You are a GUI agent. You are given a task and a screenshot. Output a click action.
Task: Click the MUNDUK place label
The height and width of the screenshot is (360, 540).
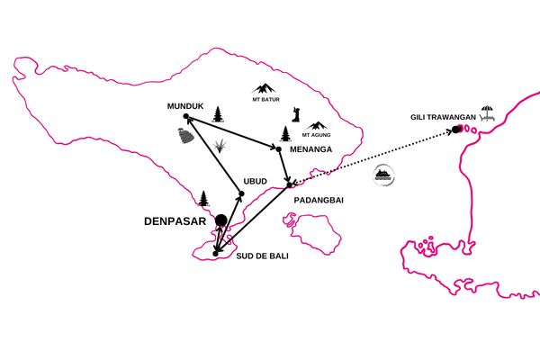(185, 106)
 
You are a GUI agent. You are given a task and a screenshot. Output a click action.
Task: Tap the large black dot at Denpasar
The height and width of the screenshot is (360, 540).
(221, 220)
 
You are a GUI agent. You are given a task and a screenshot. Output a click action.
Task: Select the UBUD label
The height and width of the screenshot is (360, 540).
(256, 181)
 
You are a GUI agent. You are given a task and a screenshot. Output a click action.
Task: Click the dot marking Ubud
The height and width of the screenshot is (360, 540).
(241, 193)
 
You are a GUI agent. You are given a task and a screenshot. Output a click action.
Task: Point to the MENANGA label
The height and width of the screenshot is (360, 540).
(311, 149)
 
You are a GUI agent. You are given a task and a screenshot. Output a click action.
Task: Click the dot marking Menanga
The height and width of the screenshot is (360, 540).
(279, 149)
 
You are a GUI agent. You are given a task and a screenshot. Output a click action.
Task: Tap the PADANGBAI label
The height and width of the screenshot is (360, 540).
(319, 200)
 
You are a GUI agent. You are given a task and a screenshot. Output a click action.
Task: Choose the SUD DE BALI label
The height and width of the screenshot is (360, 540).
(263, 256)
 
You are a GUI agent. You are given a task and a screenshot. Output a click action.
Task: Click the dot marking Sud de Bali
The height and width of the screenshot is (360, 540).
(216, 254)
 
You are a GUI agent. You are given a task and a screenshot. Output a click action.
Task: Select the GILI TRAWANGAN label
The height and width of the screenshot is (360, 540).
(443, 117)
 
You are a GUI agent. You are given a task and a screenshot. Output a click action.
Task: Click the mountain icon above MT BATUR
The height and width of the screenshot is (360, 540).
(264, 88)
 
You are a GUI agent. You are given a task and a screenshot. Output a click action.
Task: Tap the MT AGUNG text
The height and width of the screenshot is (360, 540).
(316, 135)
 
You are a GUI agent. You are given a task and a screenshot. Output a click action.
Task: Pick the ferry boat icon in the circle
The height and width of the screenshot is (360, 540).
(383, 175)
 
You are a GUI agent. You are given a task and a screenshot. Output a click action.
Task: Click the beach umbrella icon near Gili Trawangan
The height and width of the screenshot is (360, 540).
(487, 113)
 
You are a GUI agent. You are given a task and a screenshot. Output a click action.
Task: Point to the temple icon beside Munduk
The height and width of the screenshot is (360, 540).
(217, 114)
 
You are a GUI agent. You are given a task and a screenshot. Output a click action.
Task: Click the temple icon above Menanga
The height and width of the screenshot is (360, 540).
(285, 134)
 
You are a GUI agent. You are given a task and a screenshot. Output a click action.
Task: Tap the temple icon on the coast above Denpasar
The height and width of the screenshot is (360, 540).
(203, 198)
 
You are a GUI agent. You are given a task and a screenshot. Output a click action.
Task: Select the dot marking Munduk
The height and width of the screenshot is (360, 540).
(186, 116)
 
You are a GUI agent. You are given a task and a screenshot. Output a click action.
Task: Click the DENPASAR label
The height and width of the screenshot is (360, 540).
(175, 221)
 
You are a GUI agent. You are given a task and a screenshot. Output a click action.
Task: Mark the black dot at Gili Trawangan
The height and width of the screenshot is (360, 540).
(456, 130)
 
